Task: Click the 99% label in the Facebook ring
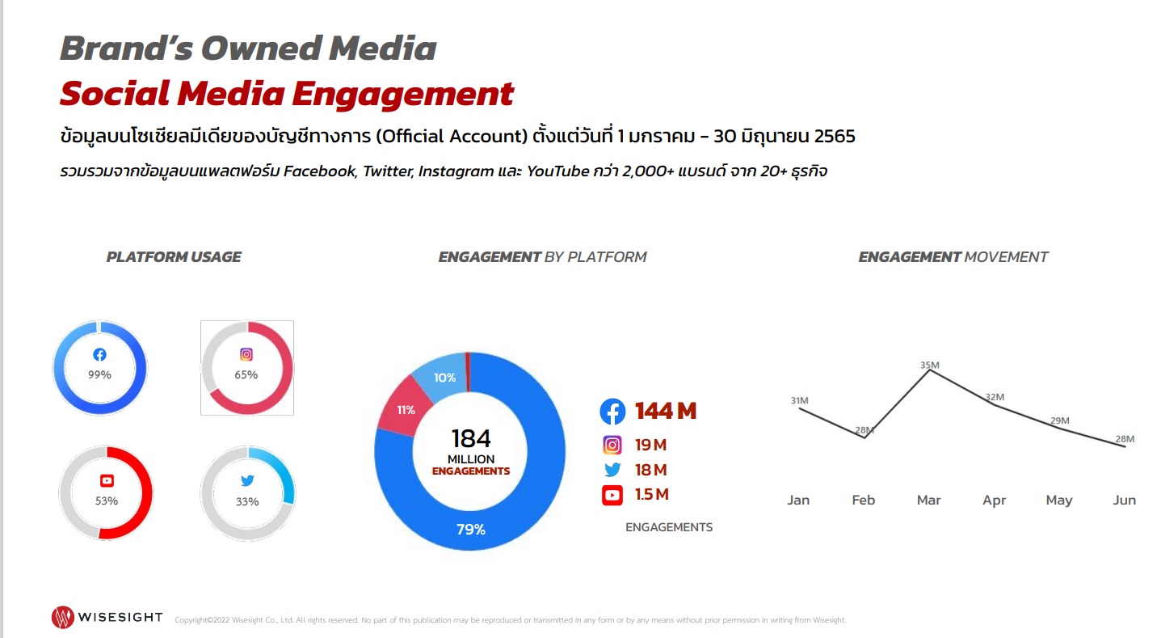click(99, 374)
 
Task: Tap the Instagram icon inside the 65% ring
click(246, 354)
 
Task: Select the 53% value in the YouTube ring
click(107, 501)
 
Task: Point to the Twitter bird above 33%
click(247, 480)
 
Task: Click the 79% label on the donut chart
click(470, 529)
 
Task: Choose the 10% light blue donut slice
click(442, 376)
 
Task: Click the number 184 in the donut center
click(470, 438)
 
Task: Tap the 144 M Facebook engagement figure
click(666, 411)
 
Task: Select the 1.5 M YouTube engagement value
click(651, 494)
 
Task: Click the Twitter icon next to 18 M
click(612, 470)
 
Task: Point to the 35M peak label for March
click(929, 365)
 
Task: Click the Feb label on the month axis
click(863, 500)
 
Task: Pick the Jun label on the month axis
click(1124, 500)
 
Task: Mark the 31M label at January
click(799, 400)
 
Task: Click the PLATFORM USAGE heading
click(174, 257)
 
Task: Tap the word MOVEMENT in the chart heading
click(1006, 257)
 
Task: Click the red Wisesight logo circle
click(63, 617)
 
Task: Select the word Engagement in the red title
click(402, 94)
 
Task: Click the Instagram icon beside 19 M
click(612, 445)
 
